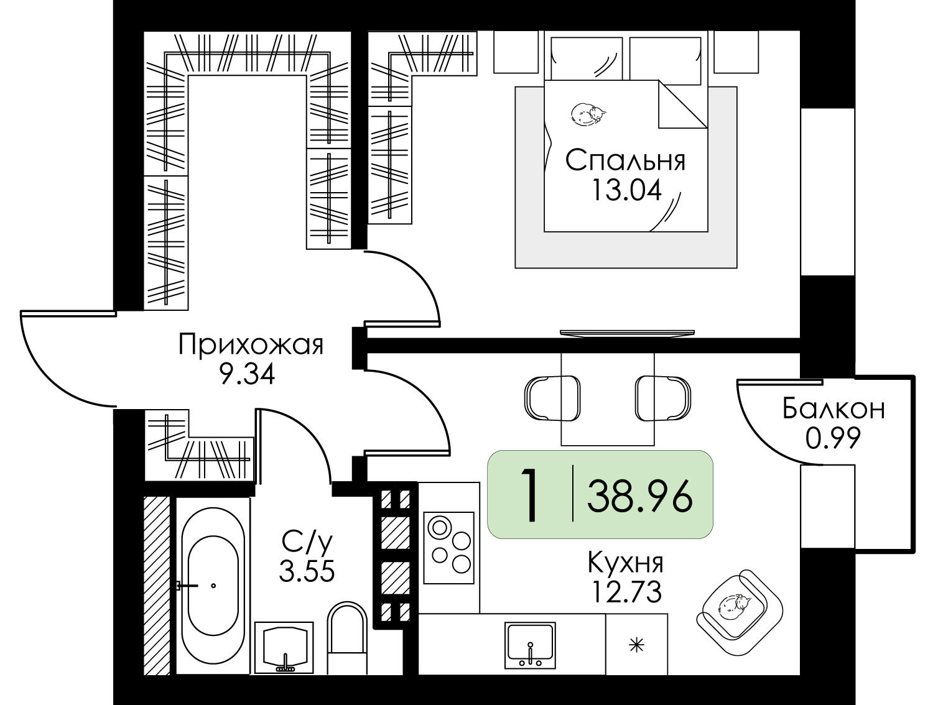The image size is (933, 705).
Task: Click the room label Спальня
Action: point(625,160)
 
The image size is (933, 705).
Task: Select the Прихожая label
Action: point(251,344)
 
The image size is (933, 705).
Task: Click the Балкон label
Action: point(833,409)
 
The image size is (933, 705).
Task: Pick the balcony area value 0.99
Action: point(833,439)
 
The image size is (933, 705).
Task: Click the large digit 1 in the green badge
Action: point(529,495)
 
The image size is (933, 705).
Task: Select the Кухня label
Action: point(625,563)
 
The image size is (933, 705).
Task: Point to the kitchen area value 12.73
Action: point(625,592)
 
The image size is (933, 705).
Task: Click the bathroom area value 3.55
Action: point(307,570)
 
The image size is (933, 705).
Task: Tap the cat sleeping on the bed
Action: point(588,114)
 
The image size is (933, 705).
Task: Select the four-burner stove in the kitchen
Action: point(449,547)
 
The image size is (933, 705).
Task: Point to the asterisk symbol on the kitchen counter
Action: point(636,645)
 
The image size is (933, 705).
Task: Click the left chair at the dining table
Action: point(545,398)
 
